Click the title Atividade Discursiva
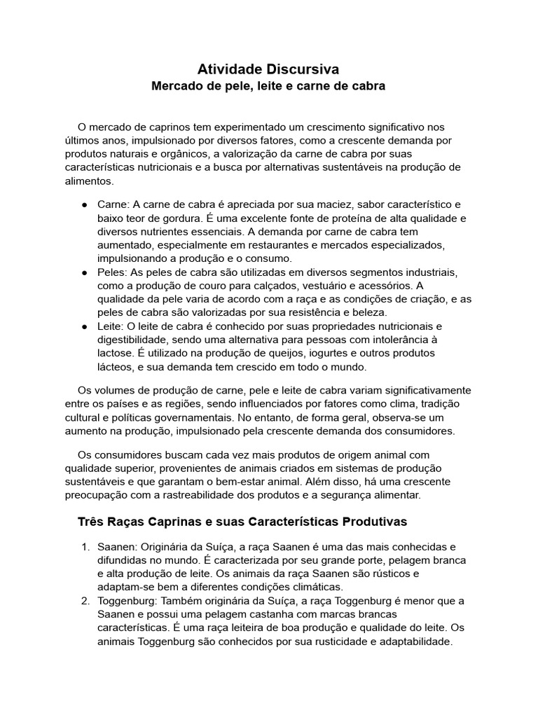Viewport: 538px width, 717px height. pyautogui.click(x=268, y=69)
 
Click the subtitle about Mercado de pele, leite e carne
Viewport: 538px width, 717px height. pyautogui.click(x=269, y=87)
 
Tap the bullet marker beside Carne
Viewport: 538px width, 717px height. pyautogui.click(x=83, y=205)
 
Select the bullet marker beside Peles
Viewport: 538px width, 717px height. pyautogui.click(x=83, y=272)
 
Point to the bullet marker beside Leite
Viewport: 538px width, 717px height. pyautogui.click(x=83, y=327)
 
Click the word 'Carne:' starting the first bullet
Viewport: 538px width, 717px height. pyautogui.click(x=113, y=204)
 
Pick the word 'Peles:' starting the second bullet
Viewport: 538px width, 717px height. pyautogui.click(x=113, y=272)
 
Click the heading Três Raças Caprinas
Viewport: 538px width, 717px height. pyautogui.click(x=241, y=522)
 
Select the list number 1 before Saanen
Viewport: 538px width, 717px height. pyautogui.click(x=85, y=547)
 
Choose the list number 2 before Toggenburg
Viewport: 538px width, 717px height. pyautogui.click(x=85, y=601)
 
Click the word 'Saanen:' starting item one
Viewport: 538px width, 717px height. pyautogui.click(x=118, y=547)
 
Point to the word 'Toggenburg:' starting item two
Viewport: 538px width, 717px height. pyautogui.click(x=127, y=601)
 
